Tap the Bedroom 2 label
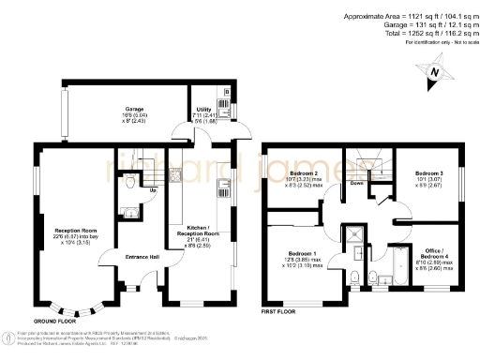click(x=303, y=172)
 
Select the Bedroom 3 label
click(x=428, y=172)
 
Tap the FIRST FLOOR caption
click(x=278, y=310)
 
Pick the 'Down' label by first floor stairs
click(x=357, y=184)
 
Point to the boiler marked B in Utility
click(x=231, y=92)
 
